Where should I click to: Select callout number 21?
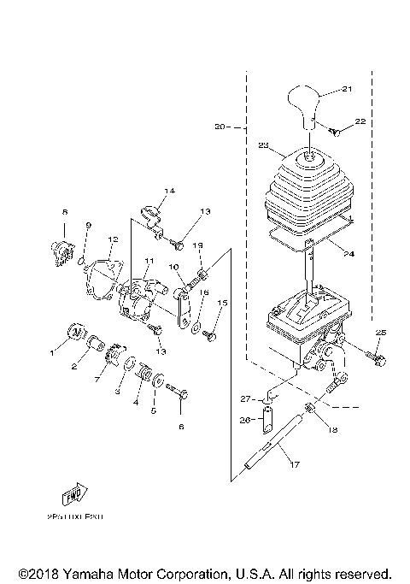tap(347, 89)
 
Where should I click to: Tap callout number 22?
tap(360, 122)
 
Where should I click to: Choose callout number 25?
tap(382, 331)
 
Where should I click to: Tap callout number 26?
tap(243, 419)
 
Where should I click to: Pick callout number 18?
tap(332, 428)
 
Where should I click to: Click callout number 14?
tap(168, 190)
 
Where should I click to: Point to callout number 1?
tap(50, 351)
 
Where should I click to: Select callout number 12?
tap(113, 240)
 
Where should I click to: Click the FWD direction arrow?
tap(71, 495)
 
